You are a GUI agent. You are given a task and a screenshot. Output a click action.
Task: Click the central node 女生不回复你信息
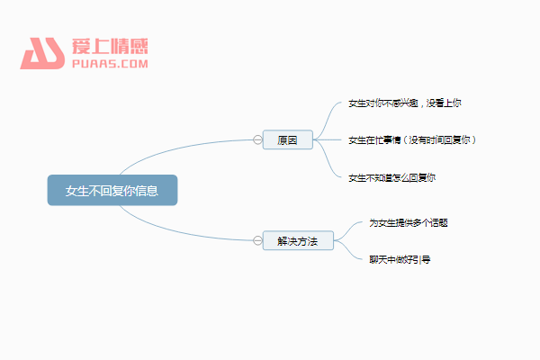pyautogui.click(x=112, y=190)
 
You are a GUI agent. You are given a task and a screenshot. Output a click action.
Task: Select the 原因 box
pyautogui.click(x=288, y=139)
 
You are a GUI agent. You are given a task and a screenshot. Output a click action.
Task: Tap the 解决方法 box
pyautogui.click(x=298, y=240)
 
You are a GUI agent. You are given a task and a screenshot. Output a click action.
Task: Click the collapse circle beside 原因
pyautogui.click(x=257, y=139)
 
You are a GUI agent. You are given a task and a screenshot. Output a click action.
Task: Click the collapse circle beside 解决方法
pyautogui.click(x=257, y=240)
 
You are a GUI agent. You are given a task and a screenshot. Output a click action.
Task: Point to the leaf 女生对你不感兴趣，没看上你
pyautogui.click(x=405, y=103)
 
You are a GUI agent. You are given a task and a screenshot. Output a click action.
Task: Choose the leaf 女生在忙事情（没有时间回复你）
pyautogui.click(x=412, y=139)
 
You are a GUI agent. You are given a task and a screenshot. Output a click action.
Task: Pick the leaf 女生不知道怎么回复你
pyautogui.click(x=391, y=178)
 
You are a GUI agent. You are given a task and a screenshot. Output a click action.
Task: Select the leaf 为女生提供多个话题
pyautogui.click(x=409, y=223)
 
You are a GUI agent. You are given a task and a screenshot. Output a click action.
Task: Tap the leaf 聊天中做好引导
pyautogui.click(x=400, y=259)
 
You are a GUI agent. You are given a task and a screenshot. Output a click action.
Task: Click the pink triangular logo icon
pyautogui.click(x=42, y=53)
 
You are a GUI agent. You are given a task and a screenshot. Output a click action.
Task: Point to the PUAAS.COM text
pyautogui.click(x=110, y=64)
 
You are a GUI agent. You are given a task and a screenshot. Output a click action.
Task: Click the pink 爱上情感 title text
pyautogui.click(x=110, y=46)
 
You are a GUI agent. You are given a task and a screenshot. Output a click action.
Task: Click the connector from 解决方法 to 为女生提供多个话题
pyautogui.click(x=348, y=230)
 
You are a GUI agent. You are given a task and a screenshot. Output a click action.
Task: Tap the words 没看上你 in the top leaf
pyautogui.click(x=444, y=103)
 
